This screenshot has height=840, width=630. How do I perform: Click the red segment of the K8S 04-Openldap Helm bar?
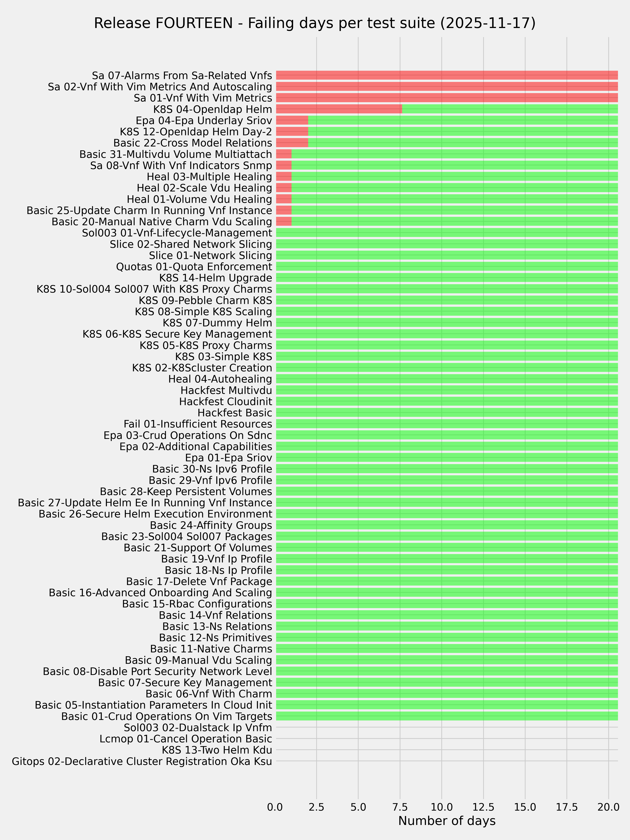[x=339, y=109]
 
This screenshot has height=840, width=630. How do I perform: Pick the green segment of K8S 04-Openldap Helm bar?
[x=510, y=109]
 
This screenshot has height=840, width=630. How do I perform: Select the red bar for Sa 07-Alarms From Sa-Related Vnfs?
[x=447, y=75]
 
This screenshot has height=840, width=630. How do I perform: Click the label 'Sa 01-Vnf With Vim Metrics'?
[x=203, y=98]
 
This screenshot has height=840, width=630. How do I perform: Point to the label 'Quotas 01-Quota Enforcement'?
[x=194, y=267]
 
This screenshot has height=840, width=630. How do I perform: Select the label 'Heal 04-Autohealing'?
[x=220, y=379]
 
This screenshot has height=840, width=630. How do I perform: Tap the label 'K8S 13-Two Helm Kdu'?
[x=217, y=750]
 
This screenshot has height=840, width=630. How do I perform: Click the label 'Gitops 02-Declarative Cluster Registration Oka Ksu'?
[x=142, y=761]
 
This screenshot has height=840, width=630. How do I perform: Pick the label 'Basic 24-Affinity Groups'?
[x=211, y=525]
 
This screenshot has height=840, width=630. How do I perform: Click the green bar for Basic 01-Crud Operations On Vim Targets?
[x=447, y=716]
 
